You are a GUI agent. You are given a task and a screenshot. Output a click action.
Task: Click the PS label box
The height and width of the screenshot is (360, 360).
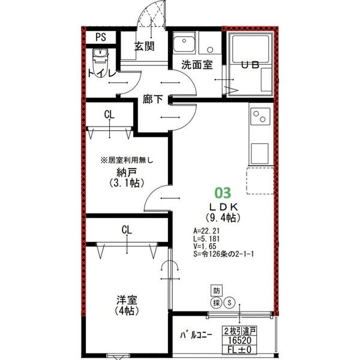[x=100, y=37]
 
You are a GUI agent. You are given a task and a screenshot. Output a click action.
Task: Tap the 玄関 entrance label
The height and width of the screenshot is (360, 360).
[x=145, y=46]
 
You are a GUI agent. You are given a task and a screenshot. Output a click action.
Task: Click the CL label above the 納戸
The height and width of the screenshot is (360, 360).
[x=110, y=114]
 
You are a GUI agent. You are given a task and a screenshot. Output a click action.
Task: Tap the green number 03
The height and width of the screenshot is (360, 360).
[x=222, y=193]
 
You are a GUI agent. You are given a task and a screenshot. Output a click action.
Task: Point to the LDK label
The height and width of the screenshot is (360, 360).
[x=223, y=206]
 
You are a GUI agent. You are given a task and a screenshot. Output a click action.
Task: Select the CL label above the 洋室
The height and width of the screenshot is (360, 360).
[x=127, y=229]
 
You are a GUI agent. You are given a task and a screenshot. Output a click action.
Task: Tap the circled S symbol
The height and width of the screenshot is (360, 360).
[x=229, y=303]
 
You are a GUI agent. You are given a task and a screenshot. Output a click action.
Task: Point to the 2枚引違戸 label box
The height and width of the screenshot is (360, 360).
[x=239, y=331]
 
